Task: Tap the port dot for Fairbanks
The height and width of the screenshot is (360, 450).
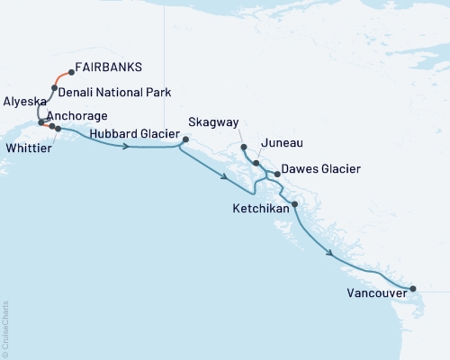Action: (x=71, y=73)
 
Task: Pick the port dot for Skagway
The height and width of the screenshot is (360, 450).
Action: (x=244, y=146)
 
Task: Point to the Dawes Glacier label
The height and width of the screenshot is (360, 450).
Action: (x=321, y=169)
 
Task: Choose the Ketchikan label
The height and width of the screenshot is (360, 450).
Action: (x=261, y=208)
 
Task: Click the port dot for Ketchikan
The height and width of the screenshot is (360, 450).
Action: (x=294, y=205)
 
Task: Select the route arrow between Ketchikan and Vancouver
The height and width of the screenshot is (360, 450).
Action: (x=334, y=255)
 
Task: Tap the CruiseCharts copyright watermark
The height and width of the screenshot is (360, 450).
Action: (x=5, y=328)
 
